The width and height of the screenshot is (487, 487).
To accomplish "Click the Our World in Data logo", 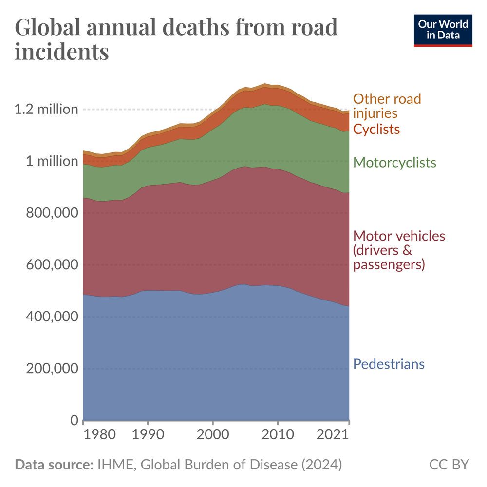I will (443, 30).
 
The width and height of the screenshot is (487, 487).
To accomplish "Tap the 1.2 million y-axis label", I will (46, 109).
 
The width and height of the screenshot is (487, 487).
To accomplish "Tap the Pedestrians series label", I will (389, 364).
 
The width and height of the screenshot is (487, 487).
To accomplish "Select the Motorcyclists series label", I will (394, 162).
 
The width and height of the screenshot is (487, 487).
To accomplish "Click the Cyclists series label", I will (376, 129).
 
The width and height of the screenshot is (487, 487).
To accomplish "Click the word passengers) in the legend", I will (389, 265).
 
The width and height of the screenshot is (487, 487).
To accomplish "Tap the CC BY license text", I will (449, 465).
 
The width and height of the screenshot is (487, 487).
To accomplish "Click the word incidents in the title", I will (62, 52).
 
